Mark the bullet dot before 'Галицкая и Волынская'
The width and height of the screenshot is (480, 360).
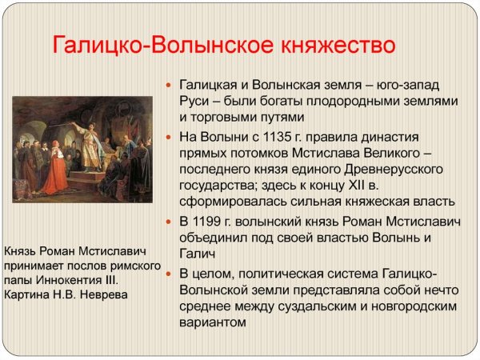point(168,85)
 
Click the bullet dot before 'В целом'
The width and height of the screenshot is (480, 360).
point(168,274)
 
